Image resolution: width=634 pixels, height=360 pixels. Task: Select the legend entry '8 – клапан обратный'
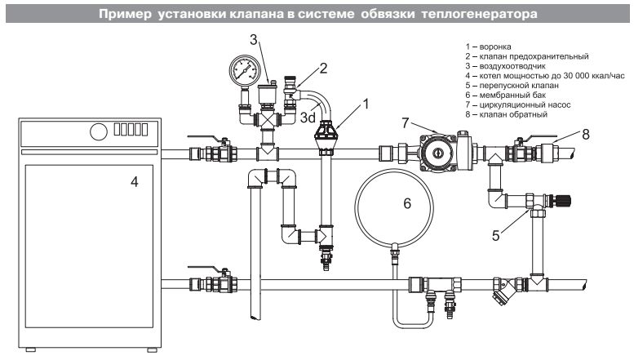coord(504,116)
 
